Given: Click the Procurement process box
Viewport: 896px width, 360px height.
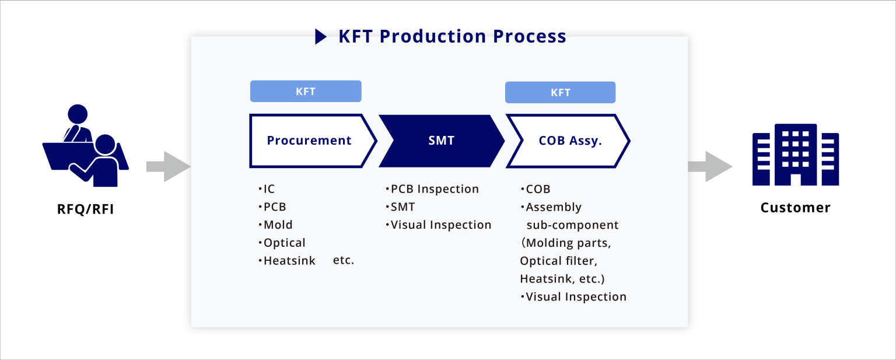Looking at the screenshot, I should click(309, 141).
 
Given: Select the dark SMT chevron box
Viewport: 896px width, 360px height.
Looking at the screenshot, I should click(441, 141).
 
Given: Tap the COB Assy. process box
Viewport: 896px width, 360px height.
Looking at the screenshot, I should click(568, 141).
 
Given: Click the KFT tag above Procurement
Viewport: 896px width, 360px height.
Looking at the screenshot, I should click(306, 92).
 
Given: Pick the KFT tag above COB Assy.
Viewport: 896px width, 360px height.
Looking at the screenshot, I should click(560, 92).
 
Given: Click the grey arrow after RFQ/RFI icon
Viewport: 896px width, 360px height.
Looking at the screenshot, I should click(168, 167).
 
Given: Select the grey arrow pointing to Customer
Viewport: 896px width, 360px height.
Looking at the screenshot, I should click(709, 167).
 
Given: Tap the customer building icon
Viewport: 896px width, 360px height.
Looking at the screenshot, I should click(795, 155).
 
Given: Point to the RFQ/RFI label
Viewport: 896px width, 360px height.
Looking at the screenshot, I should click(85, 208).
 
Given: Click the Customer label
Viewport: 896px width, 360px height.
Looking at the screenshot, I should click(795, 208).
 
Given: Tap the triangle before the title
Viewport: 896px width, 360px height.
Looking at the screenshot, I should click(321, 37).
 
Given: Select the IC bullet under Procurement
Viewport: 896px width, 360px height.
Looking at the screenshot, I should click(267, 189).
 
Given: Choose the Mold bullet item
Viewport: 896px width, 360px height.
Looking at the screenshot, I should click(276, 225).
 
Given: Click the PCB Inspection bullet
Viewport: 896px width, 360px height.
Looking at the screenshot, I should click(432, 189).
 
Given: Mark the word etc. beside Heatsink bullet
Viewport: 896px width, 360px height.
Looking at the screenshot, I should click(344, 260).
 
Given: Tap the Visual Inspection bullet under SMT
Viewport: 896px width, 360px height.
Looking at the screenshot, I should click(439, 225).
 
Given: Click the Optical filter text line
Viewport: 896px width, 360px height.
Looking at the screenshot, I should click(558, 261).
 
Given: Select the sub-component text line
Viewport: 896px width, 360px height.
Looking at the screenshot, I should click(572, 225).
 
